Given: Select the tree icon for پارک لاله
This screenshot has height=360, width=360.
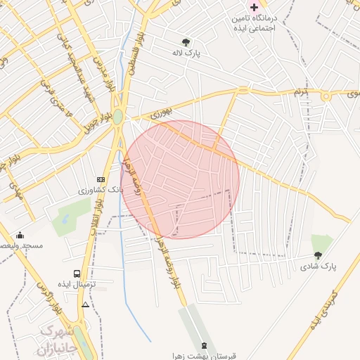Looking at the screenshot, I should point(186,42).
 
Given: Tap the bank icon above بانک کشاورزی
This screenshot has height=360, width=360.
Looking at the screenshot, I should point(101,179).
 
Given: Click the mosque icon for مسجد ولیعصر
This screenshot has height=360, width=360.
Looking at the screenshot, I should point(20,235).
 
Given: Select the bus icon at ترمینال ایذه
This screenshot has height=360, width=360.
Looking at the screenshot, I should point(77,274).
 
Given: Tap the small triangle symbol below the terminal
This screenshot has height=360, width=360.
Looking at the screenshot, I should point(85,304).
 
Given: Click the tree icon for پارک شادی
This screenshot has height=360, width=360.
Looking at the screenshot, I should point(318,256).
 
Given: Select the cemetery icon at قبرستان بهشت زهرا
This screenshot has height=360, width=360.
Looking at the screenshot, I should point(205,346).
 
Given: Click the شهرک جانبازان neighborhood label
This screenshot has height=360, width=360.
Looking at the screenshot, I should point(53,339).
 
